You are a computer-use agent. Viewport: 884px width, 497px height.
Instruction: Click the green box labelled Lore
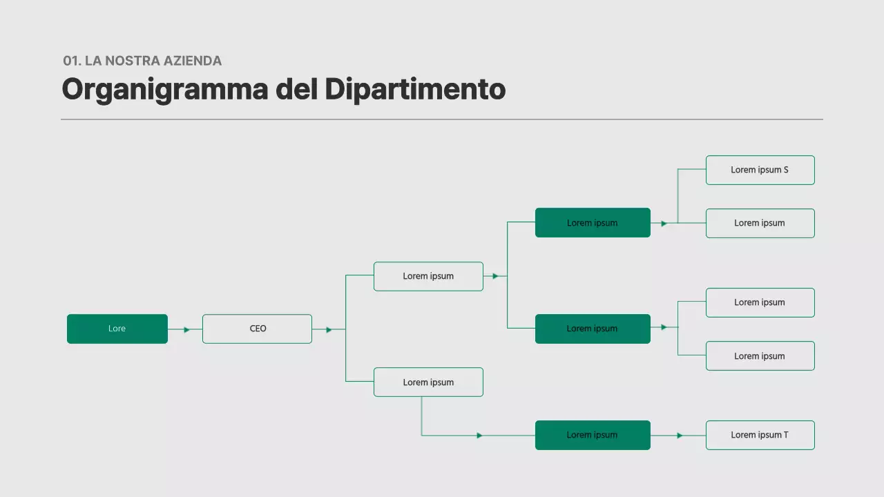(117, 329)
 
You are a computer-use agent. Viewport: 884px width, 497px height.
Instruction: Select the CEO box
(257, 329)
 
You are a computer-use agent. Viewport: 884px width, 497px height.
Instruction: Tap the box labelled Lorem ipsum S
(760, 170)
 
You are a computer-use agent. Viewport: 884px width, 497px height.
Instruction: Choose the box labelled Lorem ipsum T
(760, 435)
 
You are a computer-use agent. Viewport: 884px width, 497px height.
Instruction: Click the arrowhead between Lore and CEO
(186, 329)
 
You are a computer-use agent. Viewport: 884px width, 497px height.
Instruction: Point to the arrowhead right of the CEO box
(329, 329)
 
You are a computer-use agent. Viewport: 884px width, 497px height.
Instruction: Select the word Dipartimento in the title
(415, 90)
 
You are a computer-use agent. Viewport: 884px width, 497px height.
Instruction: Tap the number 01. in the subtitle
(72, 61)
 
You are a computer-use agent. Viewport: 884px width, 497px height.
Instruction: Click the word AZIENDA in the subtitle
(193, 61)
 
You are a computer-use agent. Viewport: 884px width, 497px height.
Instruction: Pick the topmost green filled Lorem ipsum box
(593, 222)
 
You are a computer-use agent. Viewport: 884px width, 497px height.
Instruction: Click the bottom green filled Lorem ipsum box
(593, 435)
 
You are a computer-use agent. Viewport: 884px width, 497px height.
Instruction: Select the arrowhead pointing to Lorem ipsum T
(680, 436)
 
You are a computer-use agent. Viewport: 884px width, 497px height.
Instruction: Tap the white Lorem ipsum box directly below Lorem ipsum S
(760, 223)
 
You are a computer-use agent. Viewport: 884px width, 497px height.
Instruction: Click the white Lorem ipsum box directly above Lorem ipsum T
(760, 355)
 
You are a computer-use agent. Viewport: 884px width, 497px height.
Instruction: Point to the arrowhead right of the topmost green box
(664, 223)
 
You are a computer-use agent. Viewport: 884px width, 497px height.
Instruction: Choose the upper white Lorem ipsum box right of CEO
(428, 276)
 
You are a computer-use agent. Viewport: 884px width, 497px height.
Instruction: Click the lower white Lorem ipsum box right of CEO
(428, 382)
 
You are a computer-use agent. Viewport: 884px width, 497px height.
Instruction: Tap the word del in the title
(297, 90)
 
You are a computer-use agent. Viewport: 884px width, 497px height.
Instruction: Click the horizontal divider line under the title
(442, 119)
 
